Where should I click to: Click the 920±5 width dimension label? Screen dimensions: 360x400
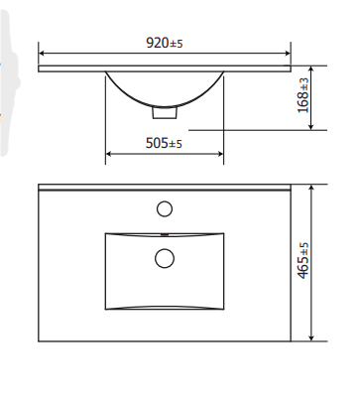point(165,43)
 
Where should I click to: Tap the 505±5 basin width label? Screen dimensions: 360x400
point(164,143)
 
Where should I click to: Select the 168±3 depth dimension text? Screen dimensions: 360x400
point(303,95)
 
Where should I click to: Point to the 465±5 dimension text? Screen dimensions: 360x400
point(303,261)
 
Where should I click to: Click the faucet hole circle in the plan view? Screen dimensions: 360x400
point(165,209)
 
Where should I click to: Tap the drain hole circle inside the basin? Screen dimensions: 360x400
point(165,258)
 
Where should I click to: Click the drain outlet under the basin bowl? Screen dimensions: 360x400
point(165,112)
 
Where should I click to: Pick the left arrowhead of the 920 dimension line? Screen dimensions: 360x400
point(42,53)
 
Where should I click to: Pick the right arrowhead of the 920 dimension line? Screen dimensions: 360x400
point(288,53)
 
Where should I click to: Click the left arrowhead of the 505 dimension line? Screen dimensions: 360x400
point(109,154)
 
